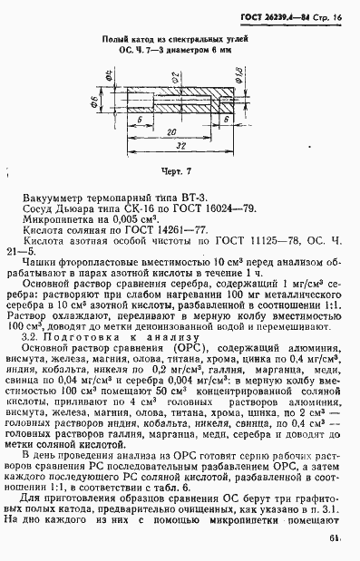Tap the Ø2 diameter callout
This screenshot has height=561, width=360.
coord(182,82)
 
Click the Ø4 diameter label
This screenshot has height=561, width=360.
coord(108,82)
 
